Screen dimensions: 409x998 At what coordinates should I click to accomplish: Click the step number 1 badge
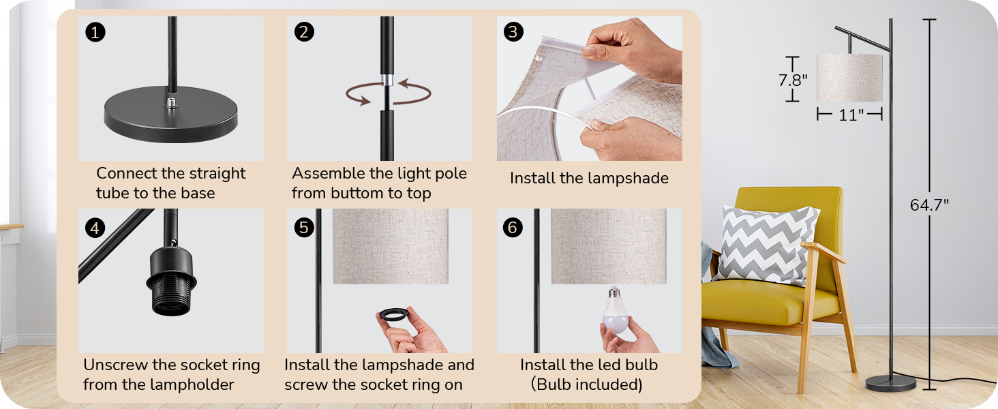click(x=95, y=32)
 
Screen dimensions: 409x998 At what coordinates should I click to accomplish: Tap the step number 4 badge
click(x=95, y=228)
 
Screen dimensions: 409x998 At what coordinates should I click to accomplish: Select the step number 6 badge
click(x=513, y=228)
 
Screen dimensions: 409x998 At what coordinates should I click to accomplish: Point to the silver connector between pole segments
click(x=387, y=81)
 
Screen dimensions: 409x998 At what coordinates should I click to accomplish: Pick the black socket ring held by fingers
click(x=394, y=316)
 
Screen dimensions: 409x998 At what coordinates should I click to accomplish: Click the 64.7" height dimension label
click(x=929, y=205)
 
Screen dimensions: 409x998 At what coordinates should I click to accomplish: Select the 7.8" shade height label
click(x=792, y=80)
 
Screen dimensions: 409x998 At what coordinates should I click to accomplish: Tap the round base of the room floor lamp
click(x=890, y=383)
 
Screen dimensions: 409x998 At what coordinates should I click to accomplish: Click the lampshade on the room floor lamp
click(x=849, y=78)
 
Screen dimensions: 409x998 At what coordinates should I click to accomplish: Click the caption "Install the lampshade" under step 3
click(x=589, y=179)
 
